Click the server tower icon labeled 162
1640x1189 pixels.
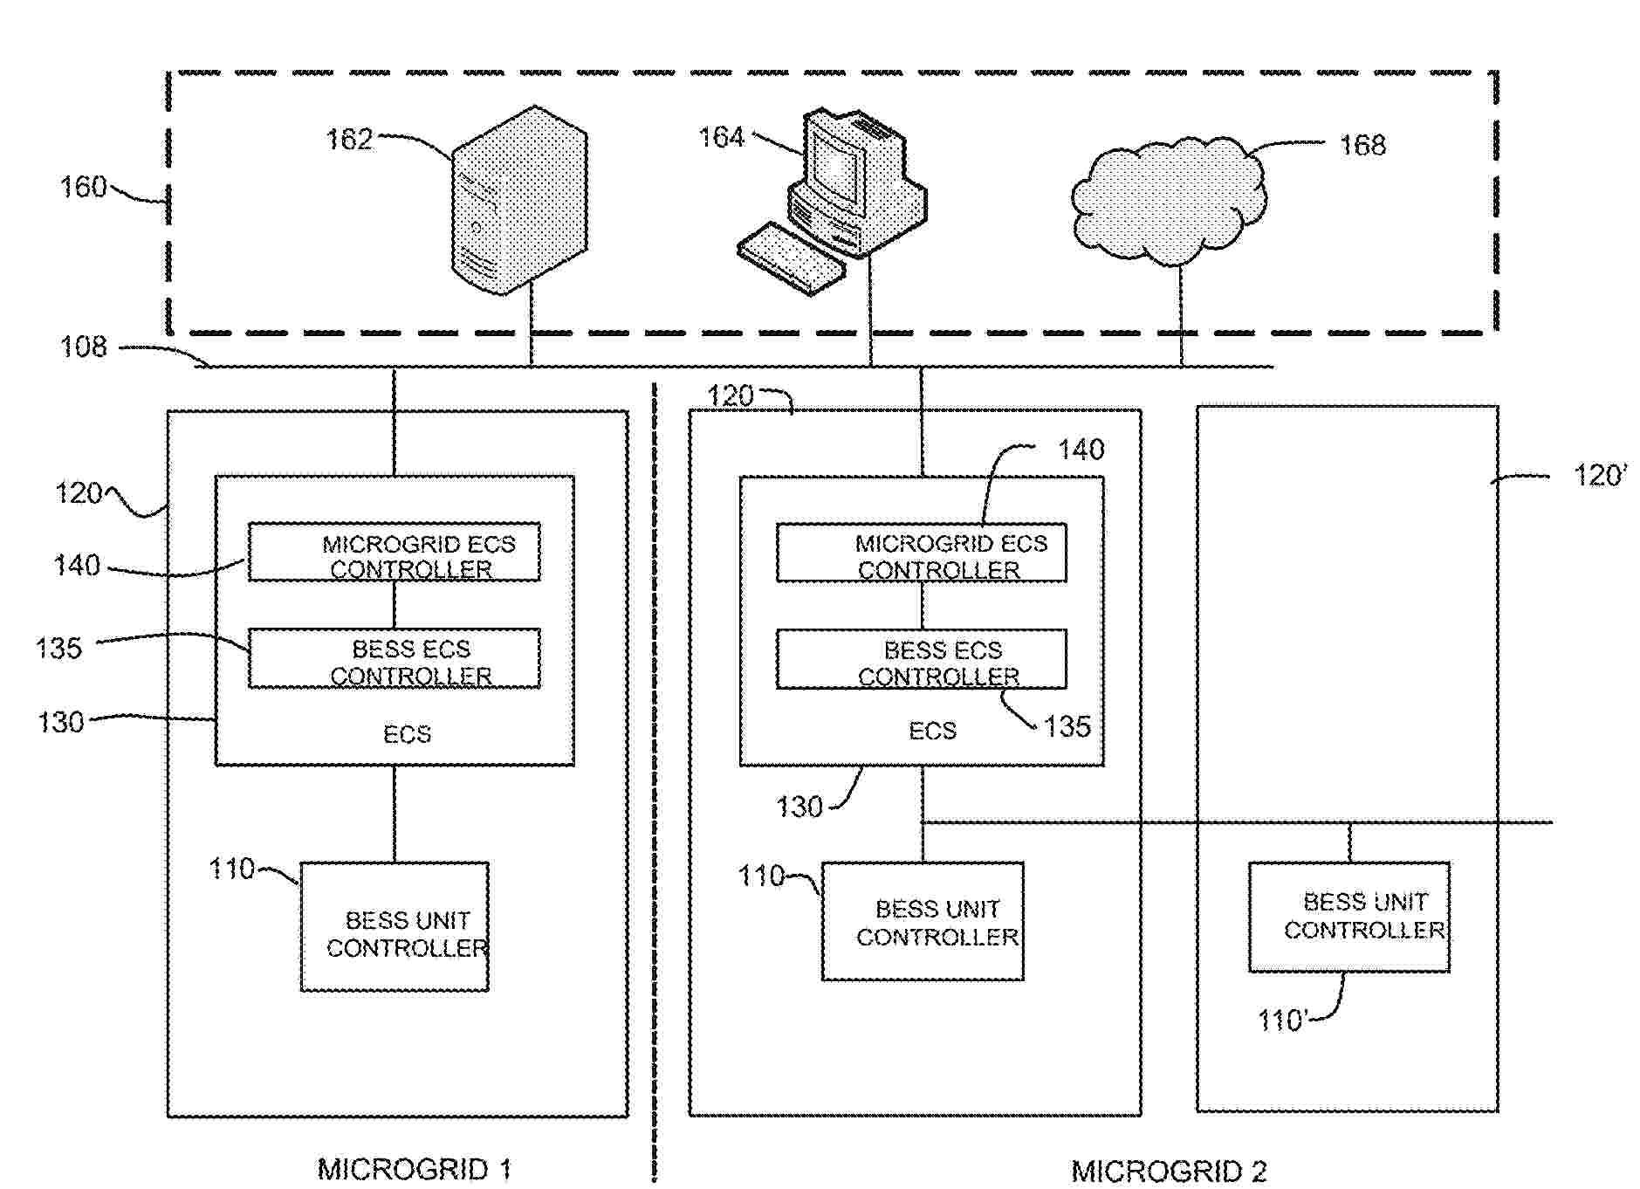tap(518, 201)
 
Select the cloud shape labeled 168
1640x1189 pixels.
tap(1168, 201)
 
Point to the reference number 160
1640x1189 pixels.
tap(83, 187)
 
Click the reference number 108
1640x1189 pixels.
tap(83, 347)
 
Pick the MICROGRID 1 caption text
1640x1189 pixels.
tap(414, 1169)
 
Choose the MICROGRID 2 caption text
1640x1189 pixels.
tap(1169, 1171)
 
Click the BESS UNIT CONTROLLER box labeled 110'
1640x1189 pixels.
tap(1348, 917)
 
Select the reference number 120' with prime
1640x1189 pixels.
tap(1599, 476)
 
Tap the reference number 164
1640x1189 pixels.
tap(721, 137)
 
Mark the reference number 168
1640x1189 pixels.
tap(1362, 145)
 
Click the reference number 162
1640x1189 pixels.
tap(349, 140)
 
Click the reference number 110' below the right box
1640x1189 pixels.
tap(1282, 1020)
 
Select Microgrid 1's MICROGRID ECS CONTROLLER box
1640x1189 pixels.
tap(395, 553)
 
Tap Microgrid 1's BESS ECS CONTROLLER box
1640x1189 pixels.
tap(395, 659)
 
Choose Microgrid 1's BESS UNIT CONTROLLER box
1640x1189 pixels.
tap(395, 927)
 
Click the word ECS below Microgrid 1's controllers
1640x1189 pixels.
tap(407, 734)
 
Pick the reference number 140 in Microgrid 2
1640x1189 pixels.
tap(1081, 450)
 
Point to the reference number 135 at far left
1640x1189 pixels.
tap(58, 649)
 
